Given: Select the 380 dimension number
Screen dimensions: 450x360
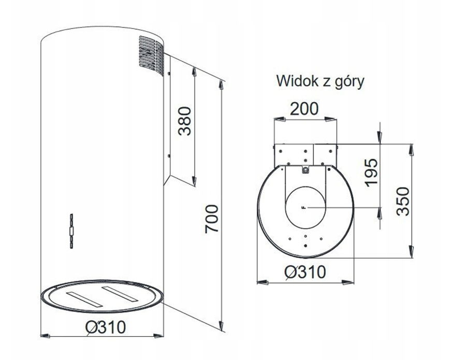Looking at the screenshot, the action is click(x=184, y=121).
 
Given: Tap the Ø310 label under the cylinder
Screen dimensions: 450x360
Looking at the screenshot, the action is click(x=106, y=327).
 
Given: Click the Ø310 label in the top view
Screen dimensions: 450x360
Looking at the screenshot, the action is click(x=306, y=271).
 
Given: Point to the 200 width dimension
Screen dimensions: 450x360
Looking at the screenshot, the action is click(x=304, y=108).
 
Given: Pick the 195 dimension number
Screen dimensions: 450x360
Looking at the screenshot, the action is click(x=372, y=172).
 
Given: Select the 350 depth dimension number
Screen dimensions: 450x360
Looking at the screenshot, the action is click(x=402, y=201).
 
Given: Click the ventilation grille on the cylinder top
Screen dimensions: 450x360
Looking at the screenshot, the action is click(x=151, y=55).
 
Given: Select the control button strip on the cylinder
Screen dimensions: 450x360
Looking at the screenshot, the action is click(x=71, y=231).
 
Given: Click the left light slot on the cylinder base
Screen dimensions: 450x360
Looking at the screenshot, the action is click(x=84, y=299).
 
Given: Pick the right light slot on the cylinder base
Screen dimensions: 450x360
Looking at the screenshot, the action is click(x=120, y=294).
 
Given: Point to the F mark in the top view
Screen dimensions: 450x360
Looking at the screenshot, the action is click(x=303, y=207).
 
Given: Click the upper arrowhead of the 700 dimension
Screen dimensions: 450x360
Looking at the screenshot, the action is click(x=221, y=85).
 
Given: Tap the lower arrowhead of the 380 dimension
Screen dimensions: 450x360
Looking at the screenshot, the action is click(x=194, y=181).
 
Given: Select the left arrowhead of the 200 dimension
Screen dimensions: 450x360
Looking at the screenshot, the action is click(x=279, y=119).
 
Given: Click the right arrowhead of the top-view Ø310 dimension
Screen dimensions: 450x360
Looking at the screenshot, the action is click(x=348, y=282).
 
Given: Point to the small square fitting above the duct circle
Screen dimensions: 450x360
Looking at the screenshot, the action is click(x=306, y=170).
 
